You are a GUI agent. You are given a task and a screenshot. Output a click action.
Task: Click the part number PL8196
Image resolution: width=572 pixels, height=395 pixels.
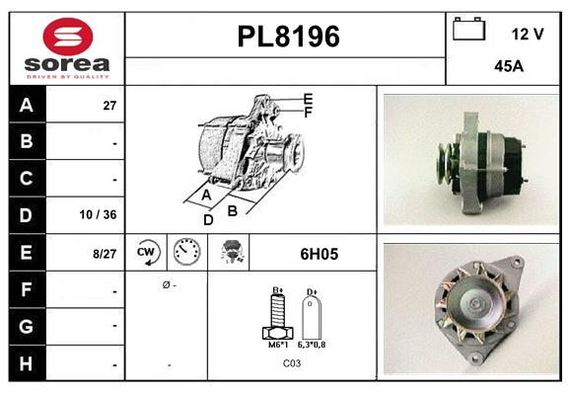[288, 37]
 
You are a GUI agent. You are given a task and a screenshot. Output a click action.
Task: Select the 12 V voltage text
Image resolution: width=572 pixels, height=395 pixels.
[528, 34]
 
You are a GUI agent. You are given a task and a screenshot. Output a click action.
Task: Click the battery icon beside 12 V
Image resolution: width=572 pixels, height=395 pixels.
[468, 30]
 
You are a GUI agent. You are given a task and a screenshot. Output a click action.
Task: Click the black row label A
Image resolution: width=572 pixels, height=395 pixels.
[27, 105]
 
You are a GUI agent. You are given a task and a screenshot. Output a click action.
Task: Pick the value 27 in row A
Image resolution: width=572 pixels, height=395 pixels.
[110, 105]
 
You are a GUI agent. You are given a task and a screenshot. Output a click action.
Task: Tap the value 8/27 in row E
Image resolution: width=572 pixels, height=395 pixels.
[104, 254]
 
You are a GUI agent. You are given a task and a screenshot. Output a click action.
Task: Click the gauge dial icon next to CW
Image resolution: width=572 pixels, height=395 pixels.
[186, 253]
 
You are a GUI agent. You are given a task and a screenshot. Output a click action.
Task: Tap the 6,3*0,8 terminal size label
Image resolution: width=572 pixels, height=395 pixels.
[313, 346]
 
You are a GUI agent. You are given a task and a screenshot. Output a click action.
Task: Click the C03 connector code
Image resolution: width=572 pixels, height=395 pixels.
[293, 363]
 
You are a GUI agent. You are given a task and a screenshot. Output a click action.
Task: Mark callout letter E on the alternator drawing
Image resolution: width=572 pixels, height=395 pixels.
[308, 99]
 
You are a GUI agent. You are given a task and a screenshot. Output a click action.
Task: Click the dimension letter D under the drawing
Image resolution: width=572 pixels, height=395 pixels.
[208, 219]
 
